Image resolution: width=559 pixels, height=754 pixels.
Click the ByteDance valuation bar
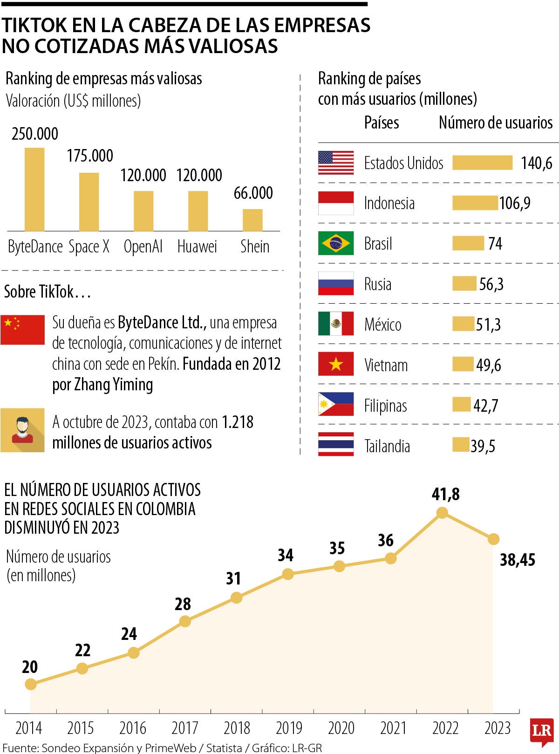(34, 189)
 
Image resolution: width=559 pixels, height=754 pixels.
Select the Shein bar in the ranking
(252, 220)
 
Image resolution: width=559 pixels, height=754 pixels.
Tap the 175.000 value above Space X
(90, 156)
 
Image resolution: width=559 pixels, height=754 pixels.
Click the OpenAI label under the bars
(143, 246)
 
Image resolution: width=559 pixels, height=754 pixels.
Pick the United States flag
(336, 163)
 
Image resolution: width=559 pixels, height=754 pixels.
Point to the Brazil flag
(336, 243)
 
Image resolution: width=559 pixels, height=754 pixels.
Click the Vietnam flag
(336, 364)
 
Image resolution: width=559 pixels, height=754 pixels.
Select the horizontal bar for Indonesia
(475, 203)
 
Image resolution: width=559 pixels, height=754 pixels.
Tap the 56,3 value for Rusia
(491, 284)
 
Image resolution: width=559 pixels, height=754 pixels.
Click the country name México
(383, 325)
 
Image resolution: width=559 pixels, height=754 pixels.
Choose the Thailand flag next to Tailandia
(336, 445)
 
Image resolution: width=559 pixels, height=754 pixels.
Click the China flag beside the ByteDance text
(22, 329)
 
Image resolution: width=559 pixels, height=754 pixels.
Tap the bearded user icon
(22, 430)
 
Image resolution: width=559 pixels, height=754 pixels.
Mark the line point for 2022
(442, 513)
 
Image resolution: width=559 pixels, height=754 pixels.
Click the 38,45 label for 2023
(518, 560)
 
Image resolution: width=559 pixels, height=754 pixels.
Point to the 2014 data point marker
(31, 684)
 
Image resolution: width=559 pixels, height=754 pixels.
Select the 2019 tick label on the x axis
(289, 728)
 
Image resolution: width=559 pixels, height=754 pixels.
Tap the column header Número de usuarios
(496, 122)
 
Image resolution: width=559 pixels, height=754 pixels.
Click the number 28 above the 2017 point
(183, 604)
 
